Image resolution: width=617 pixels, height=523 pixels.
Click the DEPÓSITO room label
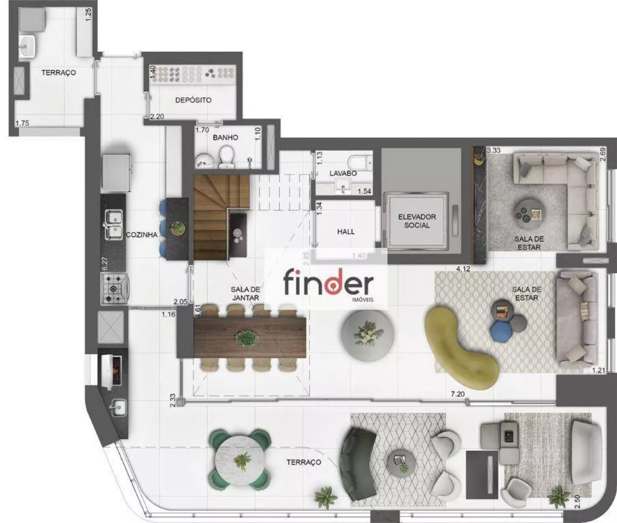pyautogui.click(x=193, y=100)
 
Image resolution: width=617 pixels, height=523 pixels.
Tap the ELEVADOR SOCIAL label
pyautogui.click(x=417, y=221)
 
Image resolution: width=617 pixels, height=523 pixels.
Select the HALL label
pyautogui.click(x=346, y=231)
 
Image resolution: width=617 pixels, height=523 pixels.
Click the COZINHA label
pyautogui.click(x=143, y=235)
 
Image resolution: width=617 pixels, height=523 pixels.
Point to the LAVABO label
pyautogui.click(x=342, y=173)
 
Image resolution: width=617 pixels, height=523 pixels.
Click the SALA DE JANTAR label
pyautogui.click(x=244, y=293)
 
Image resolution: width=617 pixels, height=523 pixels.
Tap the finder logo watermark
pyautogui.click(x=328, y=284)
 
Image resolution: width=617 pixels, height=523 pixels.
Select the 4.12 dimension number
pyautogui.click(x=464, y=269)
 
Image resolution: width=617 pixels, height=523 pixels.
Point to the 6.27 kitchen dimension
pyautogui.click(x=104, y=264)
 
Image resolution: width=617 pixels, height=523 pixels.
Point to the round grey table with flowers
pyautogui.click(x=368, y=332)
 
